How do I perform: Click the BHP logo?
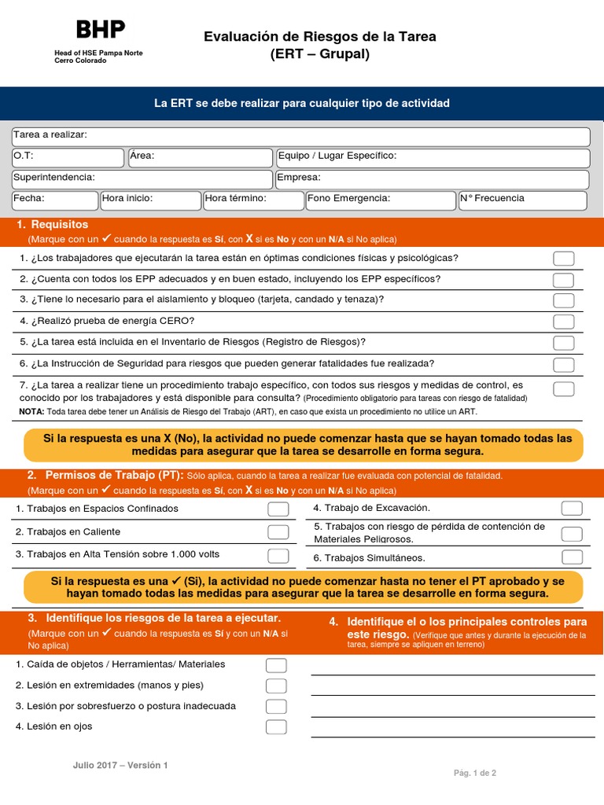pos(100,30)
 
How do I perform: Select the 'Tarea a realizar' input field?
pos(300,137)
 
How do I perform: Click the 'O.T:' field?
pos(68,157)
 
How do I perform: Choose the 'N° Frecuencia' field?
pos(522,200)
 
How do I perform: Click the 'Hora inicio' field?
pos(150,200)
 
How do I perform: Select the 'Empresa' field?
pos(432,178)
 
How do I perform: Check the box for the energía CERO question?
pos(563,322)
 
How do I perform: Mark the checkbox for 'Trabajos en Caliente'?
pos(278,532)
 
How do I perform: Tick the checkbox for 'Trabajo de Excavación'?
pos(572,509)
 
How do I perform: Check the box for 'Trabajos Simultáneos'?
pos(572,557)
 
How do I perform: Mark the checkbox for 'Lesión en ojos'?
pos(276,726)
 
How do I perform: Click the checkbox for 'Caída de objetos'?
pos(276,665)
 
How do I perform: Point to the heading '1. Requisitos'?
pos(53,225)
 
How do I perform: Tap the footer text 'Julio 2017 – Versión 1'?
pos(120,765)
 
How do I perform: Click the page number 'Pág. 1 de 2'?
pos(475,773)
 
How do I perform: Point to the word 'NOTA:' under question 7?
pos(31,411)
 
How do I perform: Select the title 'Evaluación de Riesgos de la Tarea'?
pos(319,37)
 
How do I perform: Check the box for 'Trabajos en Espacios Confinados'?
pos(278,509)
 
